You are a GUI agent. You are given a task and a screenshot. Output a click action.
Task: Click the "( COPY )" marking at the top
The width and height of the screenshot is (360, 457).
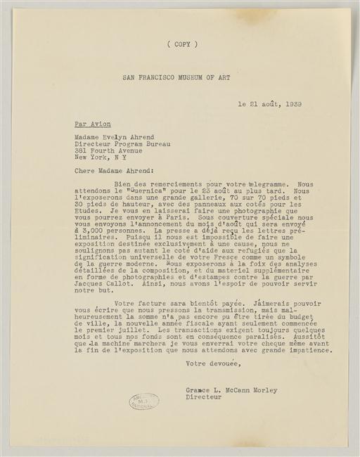(x=183, y=44)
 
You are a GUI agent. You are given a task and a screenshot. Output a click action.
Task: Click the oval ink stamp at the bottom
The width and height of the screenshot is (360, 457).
(x=143, y=401)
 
